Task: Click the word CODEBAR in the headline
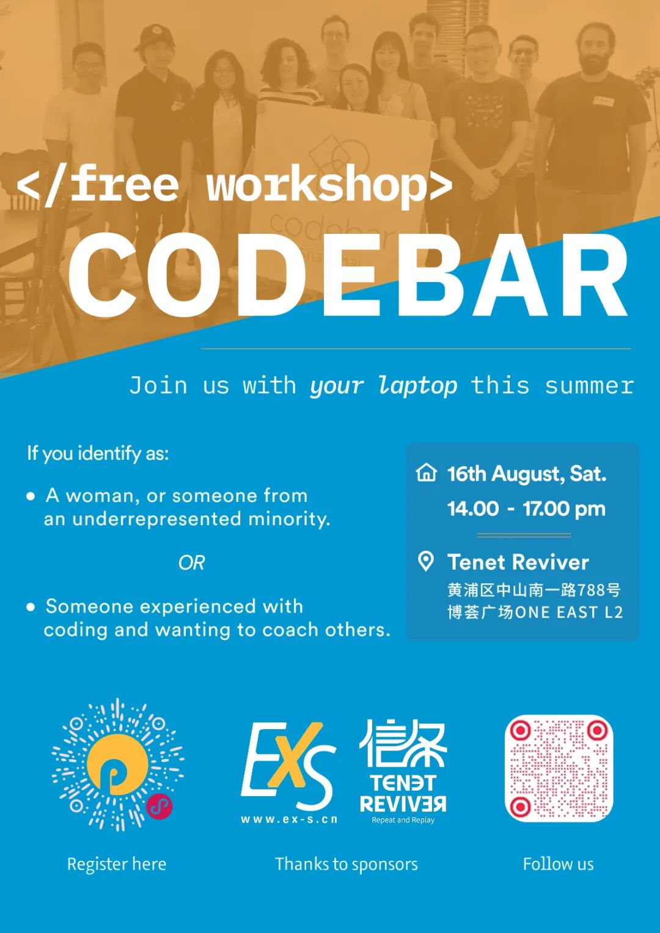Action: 348,276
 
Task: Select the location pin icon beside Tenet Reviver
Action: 426,561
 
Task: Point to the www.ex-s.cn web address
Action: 289,819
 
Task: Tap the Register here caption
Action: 117,864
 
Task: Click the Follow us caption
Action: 559,864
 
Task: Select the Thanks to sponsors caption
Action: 346,864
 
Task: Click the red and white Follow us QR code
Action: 559,769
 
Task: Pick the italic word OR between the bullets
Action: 191,563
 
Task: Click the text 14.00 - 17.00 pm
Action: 526,509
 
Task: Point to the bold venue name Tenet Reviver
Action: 518,562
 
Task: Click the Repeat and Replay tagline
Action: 403,820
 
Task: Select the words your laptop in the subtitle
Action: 383,386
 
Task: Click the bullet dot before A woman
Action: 31,496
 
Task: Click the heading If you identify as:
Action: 98,453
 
